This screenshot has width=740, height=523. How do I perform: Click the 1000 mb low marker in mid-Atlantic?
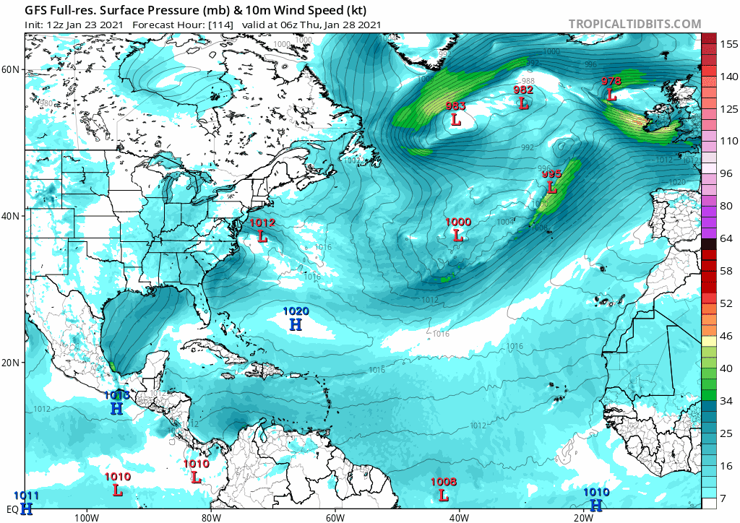pos(457,230)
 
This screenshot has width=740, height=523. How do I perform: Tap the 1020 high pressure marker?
pos(296,319)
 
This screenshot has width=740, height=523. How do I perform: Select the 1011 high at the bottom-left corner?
pos(26,503)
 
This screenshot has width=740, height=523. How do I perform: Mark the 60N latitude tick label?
pos(11,69)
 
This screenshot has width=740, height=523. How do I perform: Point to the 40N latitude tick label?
pos(11,216)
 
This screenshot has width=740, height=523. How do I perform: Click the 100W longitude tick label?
pos(85,516)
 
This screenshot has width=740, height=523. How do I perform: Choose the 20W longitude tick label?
pos(584,516)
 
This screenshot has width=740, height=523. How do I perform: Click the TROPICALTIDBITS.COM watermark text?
pos(634,25)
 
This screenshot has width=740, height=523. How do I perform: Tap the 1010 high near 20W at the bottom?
pos(596,500)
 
